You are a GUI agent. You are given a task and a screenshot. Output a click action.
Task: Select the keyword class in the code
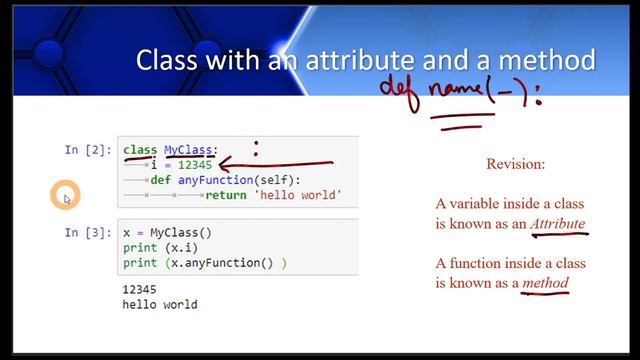click(140, 150)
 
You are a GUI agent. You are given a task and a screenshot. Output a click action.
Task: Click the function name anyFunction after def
click(214, 180)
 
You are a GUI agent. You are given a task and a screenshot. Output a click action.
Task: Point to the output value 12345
click(141, 289)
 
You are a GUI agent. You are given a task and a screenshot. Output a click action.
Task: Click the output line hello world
click(160, 304)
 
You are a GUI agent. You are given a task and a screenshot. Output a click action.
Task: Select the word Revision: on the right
click(515, 163)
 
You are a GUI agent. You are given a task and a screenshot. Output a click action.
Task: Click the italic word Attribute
click(558, 223)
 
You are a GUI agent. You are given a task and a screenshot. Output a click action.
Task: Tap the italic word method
click(545, 283)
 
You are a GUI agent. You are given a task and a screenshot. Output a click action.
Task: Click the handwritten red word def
click(400, 87)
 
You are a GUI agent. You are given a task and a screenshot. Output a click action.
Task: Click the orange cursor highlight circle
click(65, 196)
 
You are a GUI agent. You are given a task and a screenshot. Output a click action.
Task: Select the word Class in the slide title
click(167, 61)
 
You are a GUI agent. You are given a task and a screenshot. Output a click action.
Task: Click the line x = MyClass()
click(168, 233)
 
